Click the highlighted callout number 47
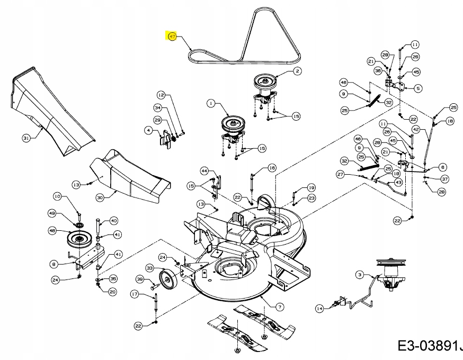(172, 37)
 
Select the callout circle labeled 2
(297, 71)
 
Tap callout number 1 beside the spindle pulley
(211, 104)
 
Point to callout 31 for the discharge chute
(26, 138)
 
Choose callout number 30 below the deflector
(100, 197)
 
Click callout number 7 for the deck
(279, 306)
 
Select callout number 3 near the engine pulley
(360, 274)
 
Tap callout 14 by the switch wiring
(319, 308)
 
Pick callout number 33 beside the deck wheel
(149, 269)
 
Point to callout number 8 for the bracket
(53, 263)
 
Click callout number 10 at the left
(57, 197)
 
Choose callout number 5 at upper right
(418, 88)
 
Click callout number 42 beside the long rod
(416, 129)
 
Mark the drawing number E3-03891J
(428, 346)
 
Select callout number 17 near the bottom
(135, 294)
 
